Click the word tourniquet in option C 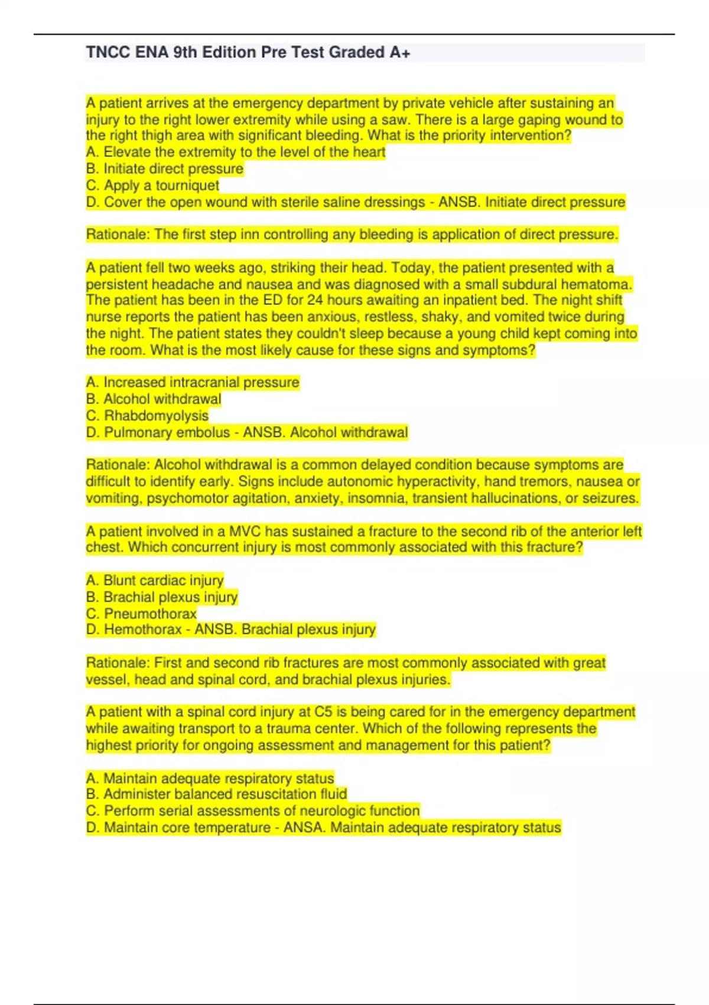[x=187, y=186]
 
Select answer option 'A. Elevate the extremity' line [x=235, y=153]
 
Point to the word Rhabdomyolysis [x=156, y=416]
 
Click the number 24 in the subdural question [x=316, y=300]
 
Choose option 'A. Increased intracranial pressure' [x=193, y=382]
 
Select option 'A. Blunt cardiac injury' [x=155, y=581]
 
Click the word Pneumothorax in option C [x=150, y=614]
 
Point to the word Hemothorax [x=142, y=630]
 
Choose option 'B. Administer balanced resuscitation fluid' [x=216, y=794]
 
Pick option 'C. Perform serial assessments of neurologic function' [x=253, y=811]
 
